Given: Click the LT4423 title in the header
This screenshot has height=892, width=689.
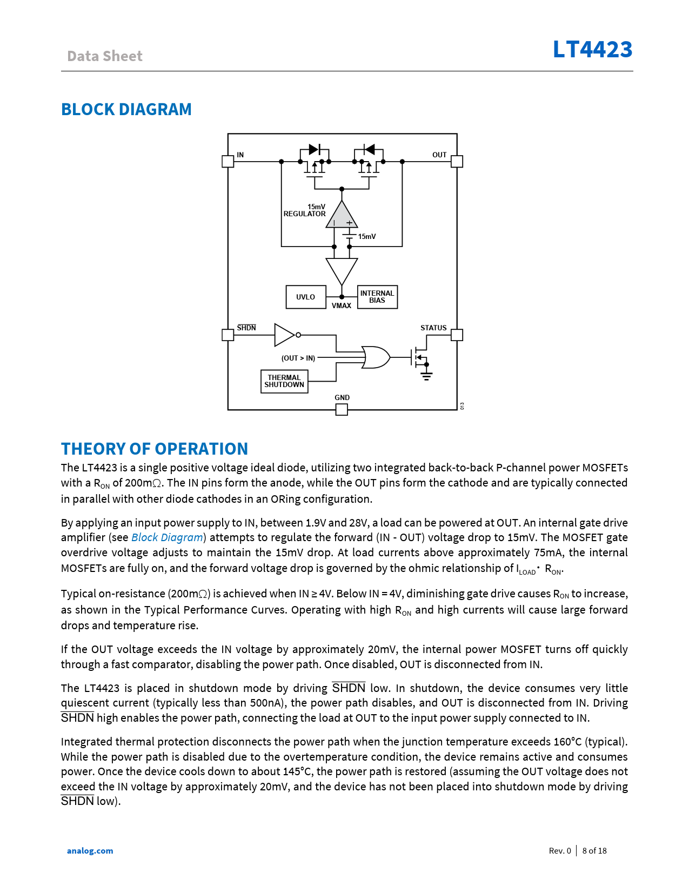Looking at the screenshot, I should [592, 49].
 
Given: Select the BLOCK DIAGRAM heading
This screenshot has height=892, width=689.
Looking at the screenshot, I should [126, 109].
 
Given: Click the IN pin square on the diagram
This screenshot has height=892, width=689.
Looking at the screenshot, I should [228, 161].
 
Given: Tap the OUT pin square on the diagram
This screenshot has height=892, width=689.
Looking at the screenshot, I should [457, 161].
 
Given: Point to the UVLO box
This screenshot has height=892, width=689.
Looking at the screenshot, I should [306, 297].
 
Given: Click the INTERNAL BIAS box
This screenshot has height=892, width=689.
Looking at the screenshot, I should [377, 297].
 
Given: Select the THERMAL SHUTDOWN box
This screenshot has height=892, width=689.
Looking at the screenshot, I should [284, 381].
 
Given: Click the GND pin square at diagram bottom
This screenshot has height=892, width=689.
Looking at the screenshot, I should [342, 410].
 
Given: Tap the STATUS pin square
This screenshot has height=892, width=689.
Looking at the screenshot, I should [457, 335].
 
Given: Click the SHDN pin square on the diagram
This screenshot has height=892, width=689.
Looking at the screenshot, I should [228, 335].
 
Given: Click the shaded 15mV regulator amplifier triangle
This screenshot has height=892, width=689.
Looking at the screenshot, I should [342, 217].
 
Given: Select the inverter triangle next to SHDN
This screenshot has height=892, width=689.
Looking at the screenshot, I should [284, 335].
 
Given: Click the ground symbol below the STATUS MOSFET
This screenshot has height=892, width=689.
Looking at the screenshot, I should [426, 376].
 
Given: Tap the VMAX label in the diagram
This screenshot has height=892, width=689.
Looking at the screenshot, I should [342, 306].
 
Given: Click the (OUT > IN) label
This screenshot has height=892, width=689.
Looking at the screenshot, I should [298, 358].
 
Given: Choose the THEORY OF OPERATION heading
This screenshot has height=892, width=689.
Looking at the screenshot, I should [155, 449].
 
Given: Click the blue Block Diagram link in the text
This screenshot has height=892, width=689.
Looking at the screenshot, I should [167, 537].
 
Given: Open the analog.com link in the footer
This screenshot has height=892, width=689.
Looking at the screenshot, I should [90, 850].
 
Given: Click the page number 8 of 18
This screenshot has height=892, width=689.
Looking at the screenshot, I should [594, 850].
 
